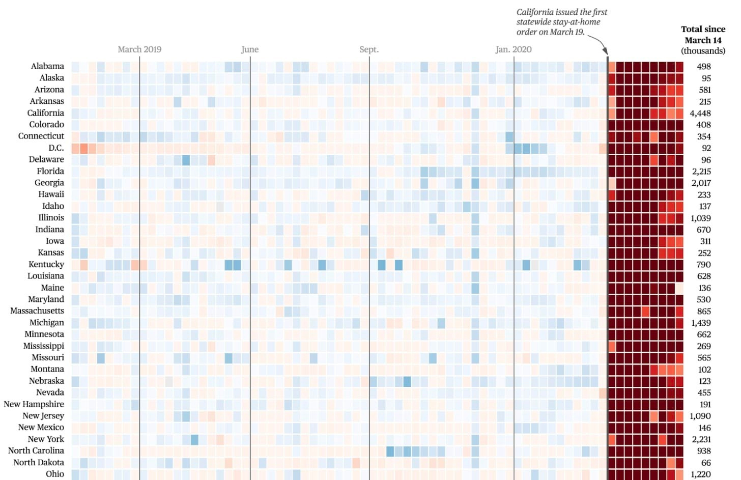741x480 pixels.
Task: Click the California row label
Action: (45, 113)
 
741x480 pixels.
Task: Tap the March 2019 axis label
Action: (139, 49)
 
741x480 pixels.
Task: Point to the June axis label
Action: (250, 49)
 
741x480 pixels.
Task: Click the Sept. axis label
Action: (369, 49)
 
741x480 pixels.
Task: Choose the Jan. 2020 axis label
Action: (514, 49)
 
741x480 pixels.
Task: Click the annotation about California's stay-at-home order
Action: (561, 22)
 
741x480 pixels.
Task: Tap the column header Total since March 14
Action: (703, 40)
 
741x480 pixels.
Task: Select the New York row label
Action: (46, 439)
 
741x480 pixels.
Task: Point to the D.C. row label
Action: (56, 148)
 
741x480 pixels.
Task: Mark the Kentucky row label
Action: (46, 265)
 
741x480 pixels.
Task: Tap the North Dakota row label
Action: (39, 463)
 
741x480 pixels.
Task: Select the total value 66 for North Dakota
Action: (706, 463)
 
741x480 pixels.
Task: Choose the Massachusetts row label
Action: (37, 311)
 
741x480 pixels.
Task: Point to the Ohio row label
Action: (55, 474)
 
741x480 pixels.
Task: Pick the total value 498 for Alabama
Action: (704, 67)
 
